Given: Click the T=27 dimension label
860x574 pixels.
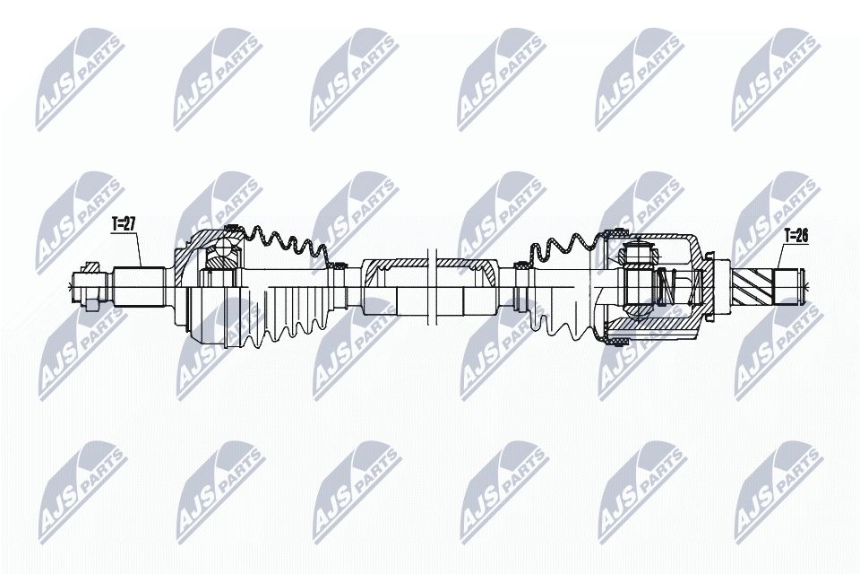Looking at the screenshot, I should point(124,225).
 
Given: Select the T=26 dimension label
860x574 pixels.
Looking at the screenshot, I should point(795,237).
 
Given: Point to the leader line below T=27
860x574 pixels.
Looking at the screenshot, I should point(141,251).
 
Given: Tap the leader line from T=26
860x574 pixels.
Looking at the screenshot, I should point(778,260).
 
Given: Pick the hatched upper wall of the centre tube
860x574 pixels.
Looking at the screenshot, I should point(394,262).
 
